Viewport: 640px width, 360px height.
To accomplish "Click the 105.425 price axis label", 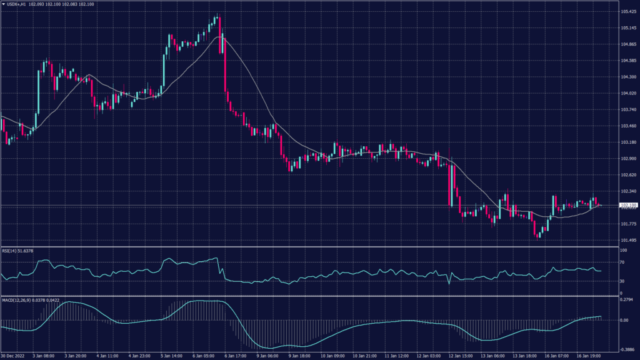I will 628,12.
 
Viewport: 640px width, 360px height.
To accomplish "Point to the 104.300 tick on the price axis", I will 628,77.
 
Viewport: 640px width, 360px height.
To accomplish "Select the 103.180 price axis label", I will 628,142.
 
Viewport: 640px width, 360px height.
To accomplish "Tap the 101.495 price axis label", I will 628,240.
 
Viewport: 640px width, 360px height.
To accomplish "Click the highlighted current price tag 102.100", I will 628,205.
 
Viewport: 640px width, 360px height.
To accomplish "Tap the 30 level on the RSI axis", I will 622,281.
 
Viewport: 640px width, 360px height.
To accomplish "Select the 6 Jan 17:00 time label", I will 234,356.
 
